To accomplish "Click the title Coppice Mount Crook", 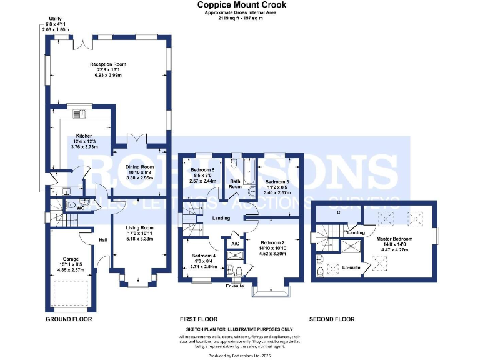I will tap(242, 5).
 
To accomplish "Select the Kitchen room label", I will tap(84, 136).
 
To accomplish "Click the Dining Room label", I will tap(139, 167).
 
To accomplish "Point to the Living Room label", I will tap(139, 228).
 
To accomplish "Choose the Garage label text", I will tap(70, 259).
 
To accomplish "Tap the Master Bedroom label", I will tap(394, 239).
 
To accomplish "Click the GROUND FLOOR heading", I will tap(69, 319).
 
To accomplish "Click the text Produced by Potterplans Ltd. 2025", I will tap(240, 354).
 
